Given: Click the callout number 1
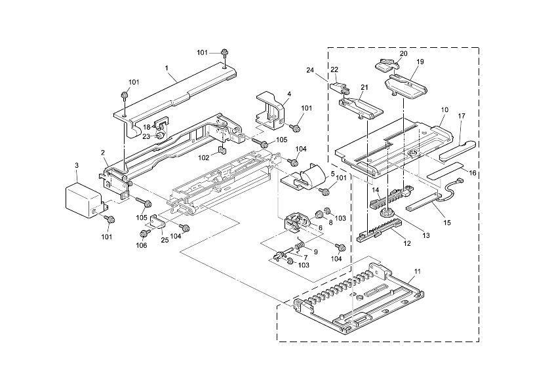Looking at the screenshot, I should coord(167,68).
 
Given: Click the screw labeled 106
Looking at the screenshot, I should coord(144,233).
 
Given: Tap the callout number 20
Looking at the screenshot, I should coord(403,53).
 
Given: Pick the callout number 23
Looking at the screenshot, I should coord(146,136).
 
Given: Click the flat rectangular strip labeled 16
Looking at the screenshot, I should coord(444,174).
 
